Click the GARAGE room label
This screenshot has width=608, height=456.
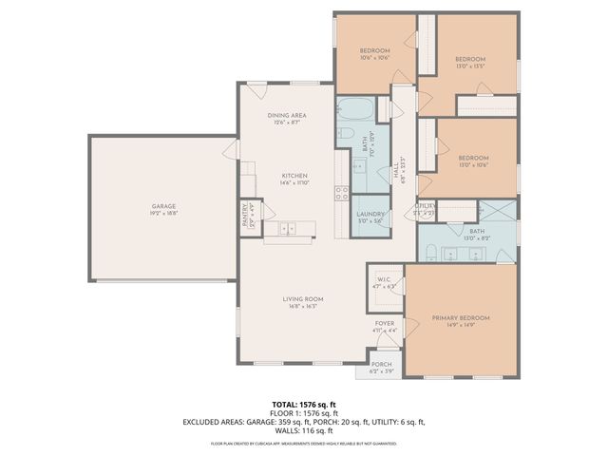click(x=163, y=206)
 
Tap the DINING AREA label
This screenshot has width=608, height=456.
click(x=286, y=115)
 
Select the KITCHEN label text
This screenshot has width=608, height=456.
click(x=294, y=176)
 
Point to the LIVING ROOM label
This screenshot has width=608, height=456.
click(x=303, y=299)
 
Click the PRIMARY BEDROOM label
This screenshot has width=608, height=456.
click(x=461, y=317)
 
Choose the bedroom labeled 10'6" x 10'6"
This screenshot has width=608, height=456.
click(x=375, y=50)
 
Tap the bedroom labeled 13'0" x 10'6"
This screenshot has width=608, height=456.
click(x=473, y=158)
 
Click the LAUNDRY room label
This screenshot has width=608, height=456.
click(x=370, y=215)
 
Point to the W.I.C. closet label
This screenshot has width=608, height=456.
click(x=383, y=279)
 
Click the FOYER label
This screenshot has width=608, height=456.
click(x=384, y=324)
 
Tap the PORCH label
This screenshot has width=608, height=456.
click(x=382, y=365)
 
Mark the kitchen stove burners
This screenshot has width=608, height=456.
click(x=340, y=193)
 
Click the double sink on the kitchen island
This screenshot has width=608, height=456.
click(x=286, y=229)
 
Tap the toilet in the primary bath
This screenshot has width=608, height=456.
click(x=430, y=252)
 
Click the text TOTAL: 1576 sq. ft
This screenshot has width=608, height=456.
click(x=304, y=403)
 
